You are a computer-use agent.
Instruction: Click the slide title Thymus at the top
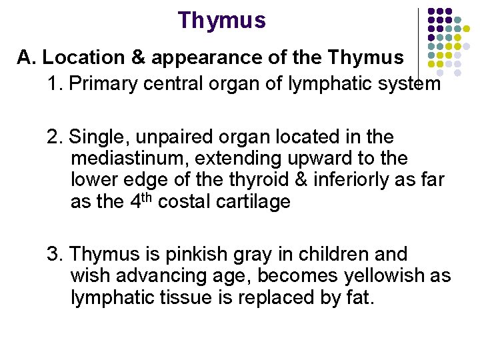[222, 21]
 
